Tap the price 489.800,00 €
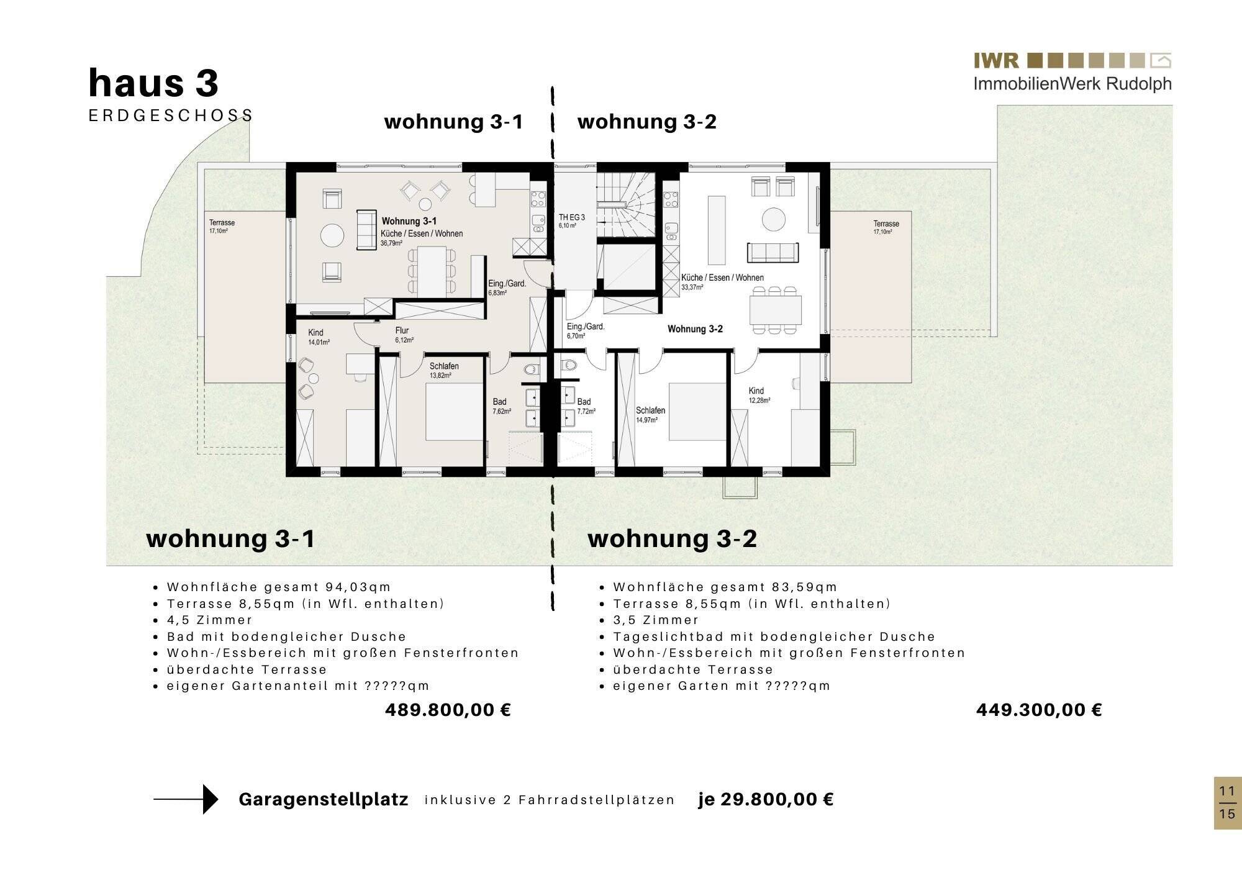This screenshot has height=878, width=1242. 448,710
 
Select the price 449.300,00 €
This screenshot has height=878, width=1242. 1039,710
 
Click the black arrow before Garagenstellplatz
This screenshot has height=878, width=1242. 186,799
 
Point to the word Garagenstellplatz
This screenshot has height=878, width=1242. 323,799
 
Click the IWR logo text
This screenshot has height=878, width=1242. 996,61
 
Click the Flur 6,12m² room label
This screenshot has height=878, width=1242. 404,335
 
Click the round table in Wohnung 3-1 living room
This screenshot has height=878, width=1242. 332,235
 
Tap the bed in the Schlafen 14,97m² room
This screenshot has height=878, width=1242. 697,411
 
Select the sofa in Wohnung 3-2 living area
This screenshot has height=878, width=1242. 773,251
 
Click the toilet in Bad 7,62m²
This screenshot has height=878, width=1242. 530,370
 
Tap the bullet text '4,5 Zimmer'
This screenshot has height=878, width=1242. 209,620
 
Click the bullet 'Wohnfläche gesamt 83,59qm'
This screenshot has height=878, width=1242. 725,587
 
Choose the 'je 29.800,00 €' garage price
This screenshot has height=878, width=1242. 766,799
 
